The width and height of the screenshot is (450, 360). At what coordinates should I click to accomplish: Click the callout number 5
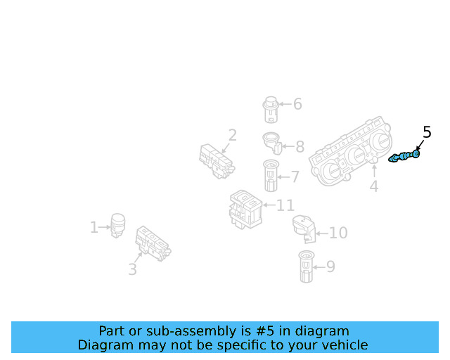[x=426, y=132]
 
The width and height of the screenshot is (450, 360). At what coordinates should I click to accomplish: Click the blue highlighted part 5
[x=406, y=156]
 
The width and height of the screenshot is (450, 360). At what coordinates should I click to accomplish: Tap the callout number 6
[x=297, y=104]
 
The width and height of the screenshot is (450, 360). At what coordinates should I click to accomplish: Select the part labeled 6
[x=270, y=108]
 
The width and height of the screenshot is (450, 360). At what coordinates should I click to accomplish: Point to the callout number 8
[x=300, y=147]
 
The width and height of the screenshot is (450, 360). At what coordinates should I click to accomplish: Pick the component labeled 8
[x=272, y=142]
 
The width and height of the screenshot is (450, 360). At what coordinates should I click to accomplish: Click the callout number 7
[x=295, y=176]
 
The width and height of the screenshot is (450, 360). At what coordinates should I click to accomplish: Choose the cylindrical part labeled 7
[x=271, y=175]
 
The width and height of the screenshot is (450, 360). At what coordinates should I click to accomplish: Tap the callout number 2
[x=232, y=135]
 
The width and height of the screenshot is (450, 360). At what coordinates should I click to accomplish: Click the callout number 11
[x=285, y=205]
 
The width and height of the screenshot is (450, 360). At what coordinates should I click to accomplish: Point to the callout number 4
[x=374, y=186]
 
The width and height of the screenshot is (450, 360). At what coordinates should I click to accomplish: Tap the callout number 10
[x=338, y=233]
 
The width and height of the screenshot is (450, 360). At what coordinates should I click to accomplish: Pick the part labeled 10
[x=304, y=229]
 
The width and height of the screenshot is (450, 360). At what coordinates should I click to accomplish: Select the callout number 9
[x=330, y=266]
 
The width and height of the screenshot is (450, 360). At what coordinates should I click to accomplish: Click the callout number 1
[x=94, y=227]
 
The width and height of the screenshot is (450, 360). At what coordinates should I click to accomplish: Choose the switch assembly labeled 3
[x=153, y=243]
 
